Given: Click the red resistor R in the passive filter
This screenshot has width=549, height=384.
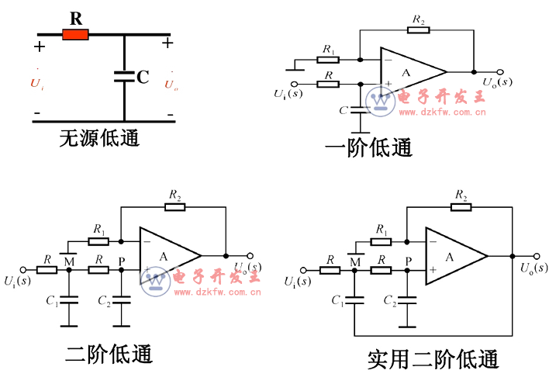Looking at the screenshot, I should coord(76,34).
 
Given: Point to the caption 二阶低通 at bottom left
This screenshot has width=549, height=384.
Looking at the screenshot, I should coord(109,355).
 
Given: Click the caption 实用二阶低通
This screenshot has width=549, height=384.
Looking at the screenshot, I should coord(433,359).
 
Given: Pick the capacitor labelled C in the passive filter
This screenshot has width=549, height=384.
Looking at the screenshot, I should coord(124,76).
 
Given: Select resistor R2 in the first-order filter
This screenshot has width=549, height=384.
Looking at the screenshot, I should coord(418,31).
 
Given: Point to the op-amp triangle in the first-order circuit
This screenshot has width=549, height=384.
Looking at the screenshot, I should coord(409,71).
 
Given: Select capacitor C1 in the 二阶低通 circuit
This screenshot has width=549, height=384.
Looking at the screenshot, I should coord(70,299).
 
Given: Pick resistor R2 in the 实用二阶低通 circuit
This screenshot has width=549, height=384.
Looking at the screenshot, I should coord(461,206).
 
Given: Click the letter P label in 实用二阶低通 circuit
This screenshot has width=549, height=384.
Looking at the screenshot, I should coord(408,261).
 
